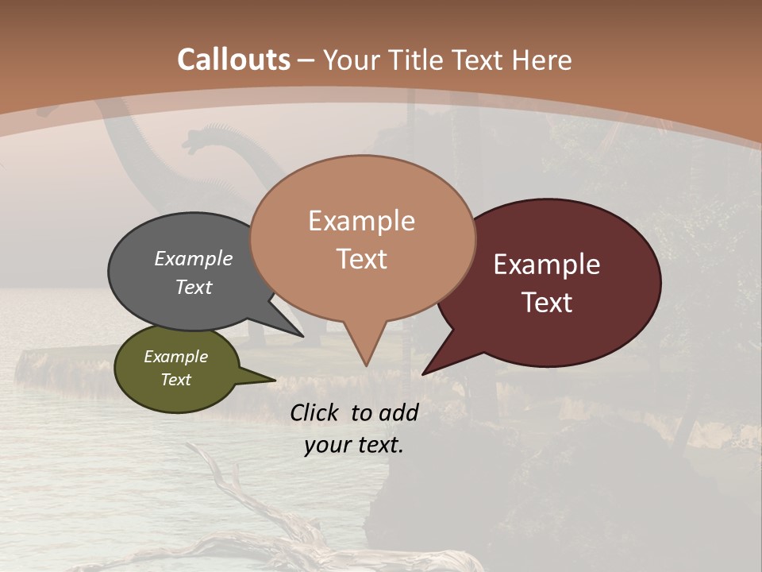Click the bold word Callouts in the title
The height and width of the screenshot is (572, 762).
click(x=233, y=60)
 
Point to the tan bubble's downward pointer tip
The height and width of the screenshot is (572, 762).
click(x=366, y=365)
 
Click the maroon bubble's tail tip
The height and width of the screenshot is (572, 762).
click(x=424, y=373)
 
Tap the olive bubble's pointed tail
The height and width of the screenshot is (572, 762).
click(x=274, y=380)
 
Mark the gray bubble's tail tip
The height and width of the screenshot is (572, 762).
click(x=302, y=336)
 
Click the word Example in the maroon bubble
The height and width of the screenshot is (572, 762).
click(x=547, y=265)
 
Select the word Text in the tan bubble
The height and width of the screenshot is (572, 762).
click(x=362, y=259)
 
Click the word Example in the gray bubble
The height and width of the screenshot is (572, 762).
click(x=194, y=258)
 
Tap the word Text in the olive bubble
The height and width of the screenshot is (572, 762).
click(x=176, y=380)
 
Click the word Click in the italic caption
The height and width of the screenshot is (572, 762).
click(x=316, y=412)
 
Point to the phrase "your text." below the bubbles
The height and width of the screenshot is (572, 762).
click(x=354, y=445)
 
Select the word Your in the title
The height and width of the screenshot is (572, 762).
click(x=353, y=60)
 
